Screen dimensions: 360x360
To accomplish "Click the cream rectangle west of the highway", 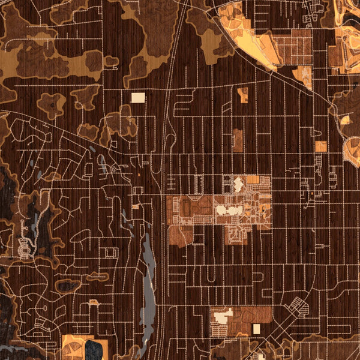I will [x=138, y=97].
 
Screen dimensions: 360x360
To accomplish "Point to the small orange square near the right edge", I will [x=321, y=146].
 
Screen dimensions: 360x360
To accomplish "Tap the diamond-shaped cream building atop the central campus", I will [x=238, y=184].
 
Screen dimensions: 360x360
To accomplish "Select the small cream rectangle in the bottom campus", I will [x=256, y=329].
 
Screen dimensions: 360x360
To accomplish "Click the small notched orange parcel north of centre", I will [x=243, y=94].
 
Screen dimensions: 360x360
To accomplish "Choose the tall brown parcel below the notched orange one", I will [x=238, y=140].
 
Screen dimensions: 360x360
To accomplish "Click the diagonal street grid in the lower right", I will [x=296, y=306].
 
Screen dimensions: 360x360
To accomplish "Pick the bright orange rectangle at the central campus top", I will [x=253, y=179].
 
